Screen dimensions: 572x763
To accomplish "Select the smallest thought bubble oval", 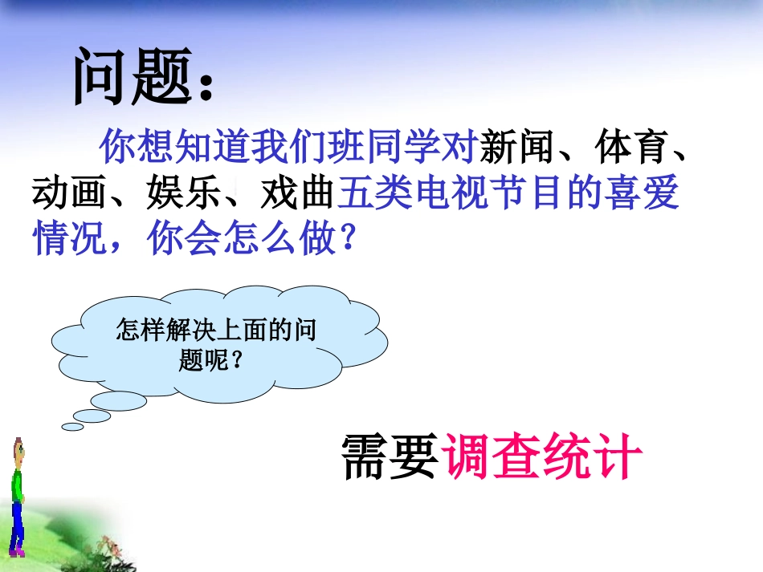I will click(73, 427).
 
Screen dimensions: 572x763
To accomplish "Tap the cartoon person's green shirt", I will click(17, 486).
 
